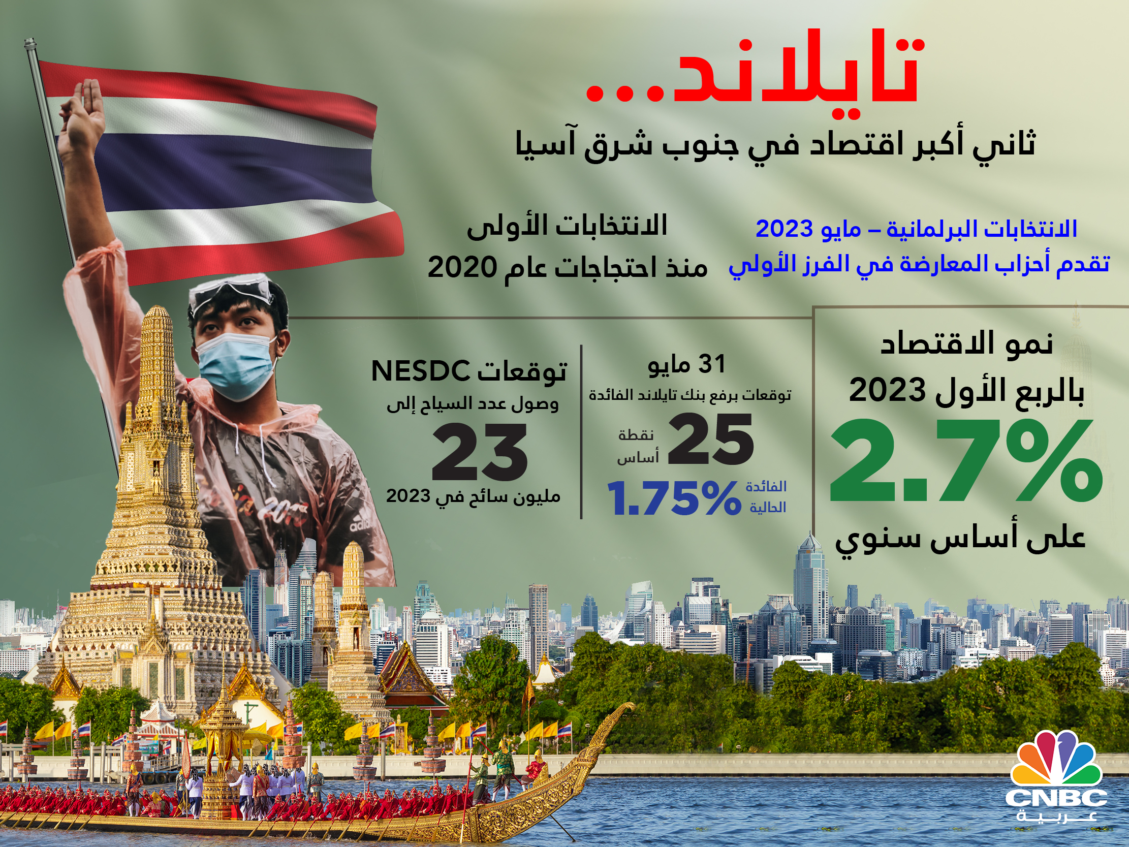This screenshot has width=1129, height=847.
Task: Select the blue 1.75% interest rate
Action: pyautogui.click(x=674, y=498)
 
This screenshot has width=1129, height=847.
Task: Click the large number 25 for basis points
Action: pyautogui.click(x=710, y=439)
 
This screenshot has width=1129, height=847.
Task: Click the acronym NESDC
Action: pyautogui.click(x=421, y=371)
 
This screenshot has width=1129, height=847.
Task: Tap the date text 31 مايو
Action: pyautogui.click(x=686, y=364)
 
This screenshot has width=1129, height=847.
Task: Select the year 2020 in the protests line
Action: pyautogui.click(x=462, y=267)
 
